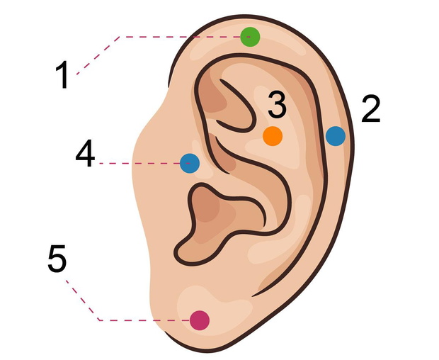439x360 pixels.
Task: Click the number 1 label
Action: [62, 74]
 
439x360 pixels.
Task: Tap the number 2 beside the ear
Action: [371, 108]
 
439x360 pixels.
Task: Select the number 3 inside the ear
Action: [277, 104]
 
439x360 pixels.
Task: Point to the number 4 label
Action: [85, 153]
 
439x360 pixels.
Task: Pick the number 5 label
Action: [57, 258]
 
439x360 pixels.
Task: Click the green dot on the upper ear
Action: [250, 37]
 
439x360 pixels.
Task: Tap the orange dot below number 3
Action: [273, 136]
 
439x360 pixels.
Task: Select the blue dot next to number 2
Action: [336, 136]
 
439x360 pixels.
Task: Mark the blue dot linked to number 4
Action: [190, 163]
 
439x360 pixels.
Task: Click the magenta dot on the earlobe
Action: [200, 320]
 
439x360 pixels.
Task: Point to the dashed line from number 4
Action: [144, 163]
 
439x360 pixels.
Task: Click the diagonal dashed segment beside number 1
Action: [98, 55]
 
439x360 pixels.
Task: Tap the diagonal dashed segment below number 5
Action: [83, 300]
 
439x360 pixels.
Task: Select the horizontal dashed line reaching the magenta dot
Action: [144, 320]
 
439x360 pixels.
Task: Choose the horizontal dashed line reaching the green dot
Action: [185, 37]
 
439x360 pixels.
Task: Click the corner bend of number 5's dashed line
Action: [100, 320]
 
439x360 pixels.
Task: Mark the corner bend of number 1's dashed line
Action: [120, 37]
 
